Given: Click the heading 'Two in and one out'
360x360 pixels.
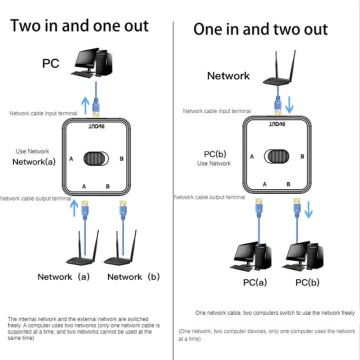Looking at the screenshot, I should coord(79,25).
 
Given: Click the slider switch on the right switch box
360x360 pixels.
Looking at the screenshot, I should coord(276,156).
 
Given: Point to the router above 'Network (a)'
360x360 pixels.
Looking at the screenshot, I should coord(83,251).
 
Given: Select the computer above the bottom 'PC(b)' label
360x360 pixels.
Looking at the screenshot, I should coord(304,258).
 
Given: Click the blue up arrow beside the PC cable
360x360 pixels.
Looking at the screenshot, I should coord(85,103).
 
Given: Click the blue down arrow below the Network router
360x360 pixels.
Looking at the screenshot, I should coord(288,106).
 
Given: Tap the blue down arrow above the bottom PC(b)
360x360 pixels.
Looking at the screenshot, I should coord(308,211).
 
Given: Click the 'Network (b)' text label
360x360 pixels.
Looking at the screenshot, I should coord(133,276).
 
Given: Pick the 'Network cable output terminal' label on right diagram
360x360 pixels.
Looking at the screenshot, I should coord(209,197).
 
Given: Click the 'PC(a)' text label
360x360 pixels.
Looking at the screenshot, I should coord(255,282).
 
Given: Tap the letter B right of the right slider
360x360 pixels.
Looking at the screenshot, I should coord(302,156).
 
